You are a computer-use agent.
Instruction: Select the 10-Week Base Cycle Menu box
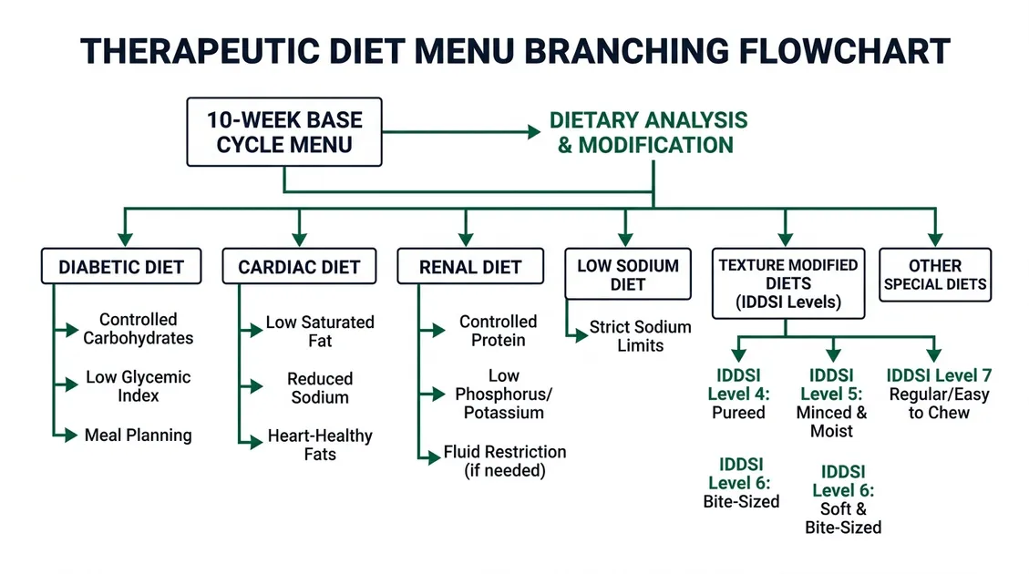click(284, 132)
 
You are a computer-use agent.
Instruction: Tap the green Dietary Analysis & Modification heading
click(648, 132)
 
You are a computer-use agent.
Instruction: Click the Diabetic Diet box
click(121, 267)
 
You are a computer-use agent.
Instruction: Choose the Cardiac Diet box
click(299, 267)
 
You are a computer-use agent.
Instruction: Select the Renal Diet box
click(470, 267)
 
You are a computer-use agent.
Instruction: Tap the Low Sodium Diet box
click(628, 275)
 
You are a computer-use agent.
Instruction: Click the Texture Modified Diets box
click(788, 283)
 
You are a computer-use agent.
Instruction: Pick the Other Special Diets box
click(934, 274)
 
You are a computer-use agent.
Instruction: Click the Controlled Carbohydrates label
click(139, 329)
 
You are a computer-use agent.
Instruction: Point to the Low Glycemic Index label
click(139, 386)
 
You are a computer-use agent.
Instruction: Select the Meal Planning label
click(139, 435)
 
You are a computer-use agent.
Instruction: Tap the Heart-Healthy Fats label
click(320, 445)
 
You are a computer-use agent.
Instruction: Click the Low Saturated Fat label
click(320, 332)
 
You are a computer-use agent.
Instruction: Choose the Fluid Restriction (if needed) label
click(504, 461)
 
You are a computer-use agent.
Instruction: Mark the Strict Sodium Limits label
click(640, 336)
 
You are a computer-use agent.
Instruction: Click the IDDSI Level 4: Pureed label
click(739, 394)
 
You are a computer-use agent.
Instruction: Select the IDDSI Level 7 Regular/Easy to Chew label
click(939, 394)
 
